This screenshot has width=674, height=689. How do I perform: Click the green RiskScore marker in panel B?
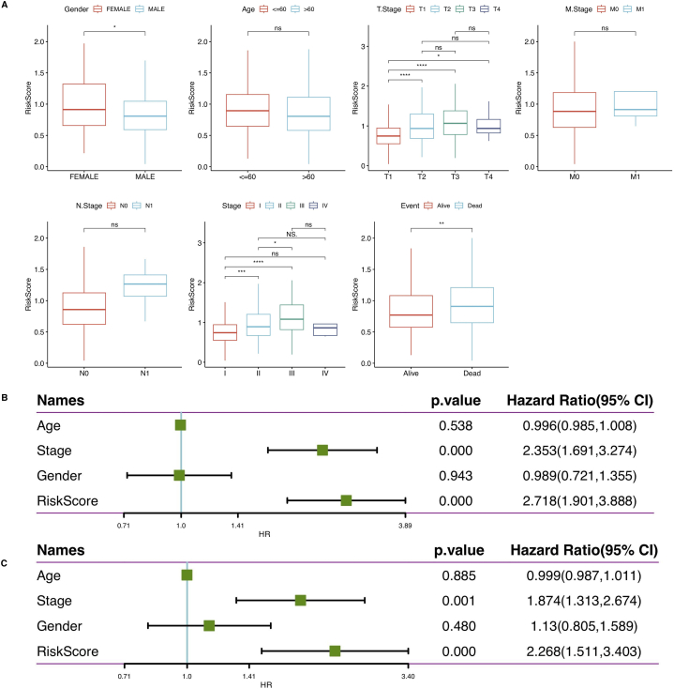pos(346,500)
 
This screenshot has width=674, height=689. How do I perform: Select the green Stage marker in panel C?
pos(300,599)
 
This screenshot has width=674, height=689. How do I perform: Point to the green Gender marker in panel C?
pos(209,624)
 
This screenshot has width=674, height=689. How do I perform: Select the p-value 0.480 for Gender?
pos(454,624)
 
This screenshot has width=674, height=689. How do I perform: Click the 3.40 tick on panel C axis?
pos(408,674)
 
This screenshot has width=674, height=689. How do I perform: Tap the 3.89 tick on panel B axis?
pos(405,528)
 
